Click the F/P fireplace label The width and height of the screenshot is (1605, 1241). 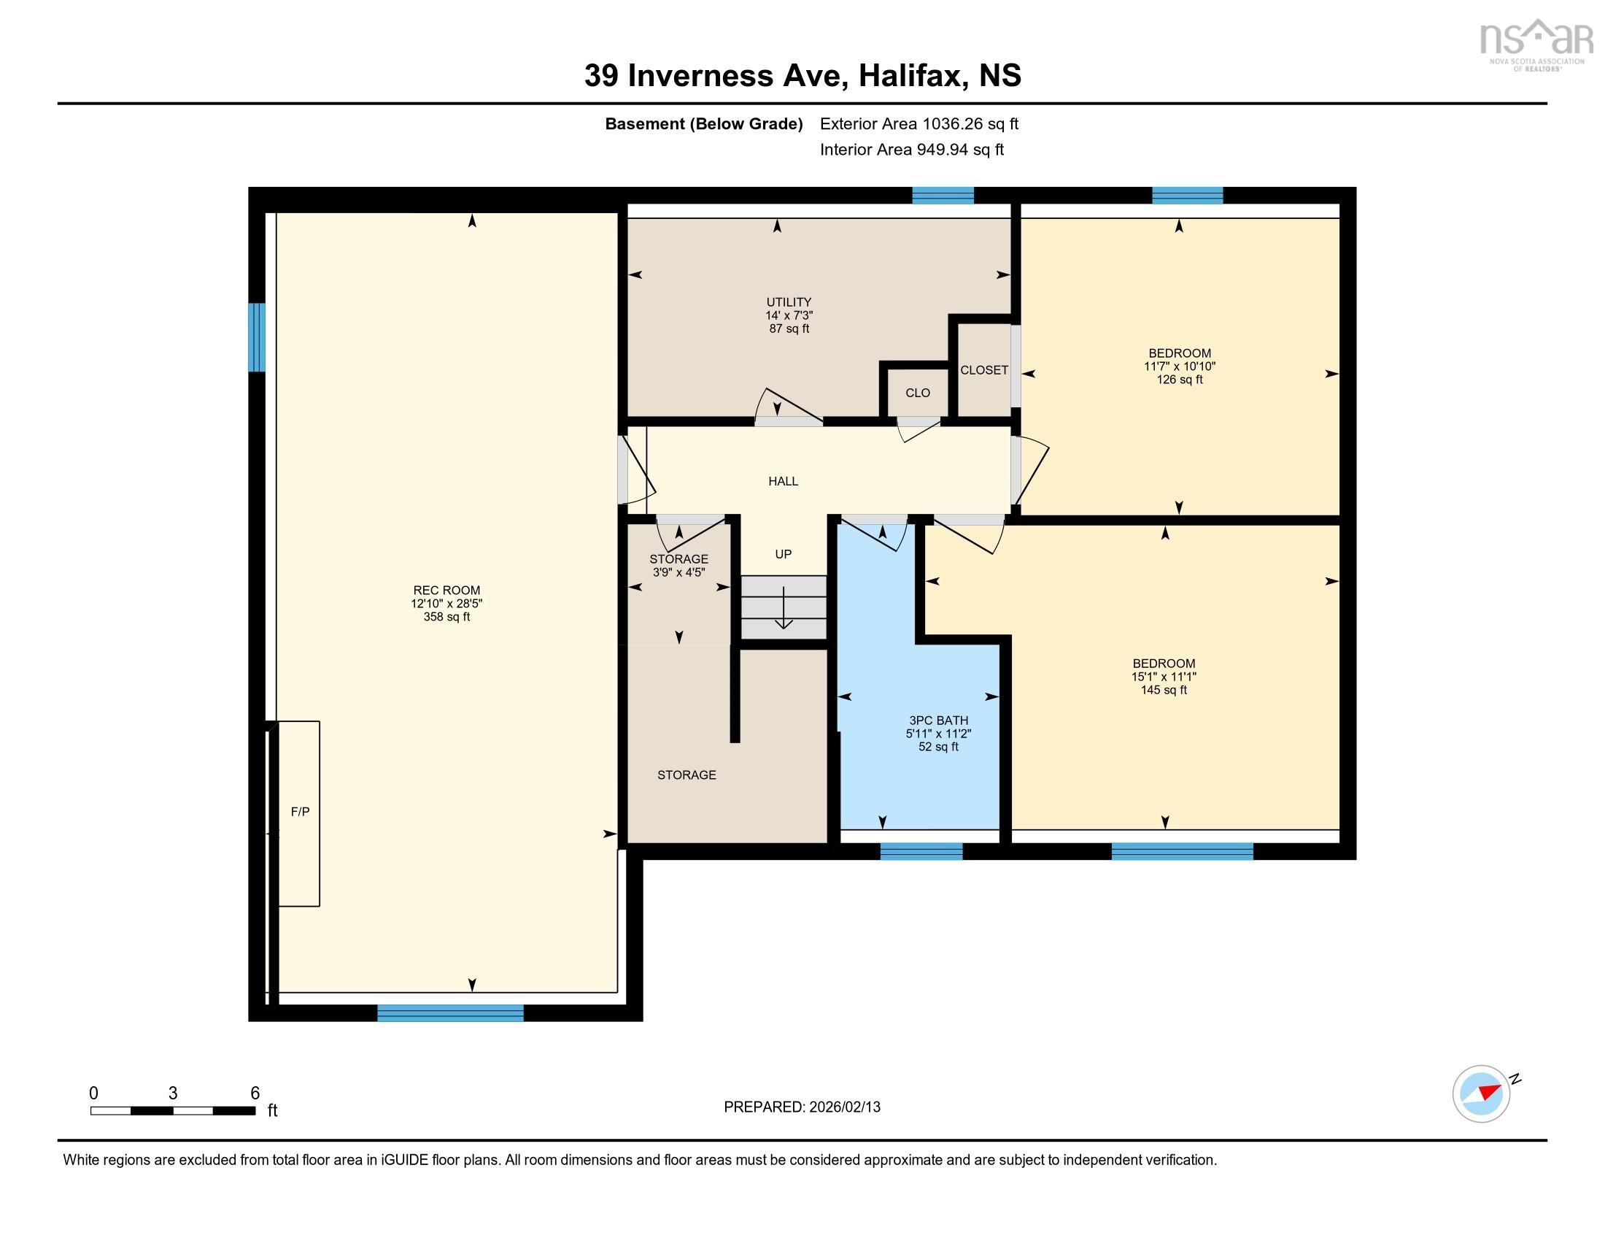pyautogui.click(x=300, y=812)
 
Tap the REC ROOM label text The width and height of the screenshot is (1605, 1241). pyautogui.click(x=446, y=591)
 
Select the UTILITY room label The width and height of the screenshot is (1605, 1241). pyautogui.click(x=789, y=302)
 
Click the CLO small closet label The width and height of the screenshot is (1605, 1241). pyautogui.click(x=917, y=393)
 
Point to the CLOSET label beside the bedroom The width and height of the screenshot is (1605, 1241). pyautogui.click(x=983, y=371)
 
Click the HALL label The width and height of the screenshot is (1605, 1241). pyautogui.click(x=783, y=482)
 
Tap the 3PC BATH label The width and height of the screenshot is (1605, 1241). pyautogui.click(x=938, y=721)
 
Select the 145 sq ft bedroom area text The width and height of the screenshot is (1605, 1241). pyautogui.click(x=1164, y=690)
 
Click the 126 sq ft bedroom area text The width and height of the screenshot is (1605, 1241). pyautogui.click(x=1179, y=380)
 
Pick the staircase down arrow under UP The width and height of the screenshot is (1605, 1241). pyautogui.click(x=784, y=609)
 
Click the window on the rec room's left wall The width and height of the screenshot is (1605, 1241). pyautogui.click(x=257, y=337)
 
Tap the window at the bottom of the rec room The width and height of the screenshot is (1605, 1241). pyautogui.click(x=449, y=1013)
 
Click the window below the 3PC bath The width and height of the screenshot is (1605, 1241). pyautogui.click(x=921, y=851)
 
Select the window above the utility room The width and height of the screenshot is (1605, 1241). pyautogui.click(x=942, y=196)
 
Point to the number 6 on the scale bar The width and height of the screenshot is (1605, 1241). pyautogui.click(x=255, y=1094)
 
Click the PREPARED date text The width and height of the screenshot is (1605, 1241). pyautogui.click(x=802, y=1107)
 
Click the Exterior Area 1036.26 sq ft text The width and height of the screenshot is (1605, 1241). pyautogui.click(x=918, y=124)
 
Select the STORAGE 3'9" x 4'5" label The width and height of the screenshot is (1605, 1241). pyautogui.click(x=678, y=565)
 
